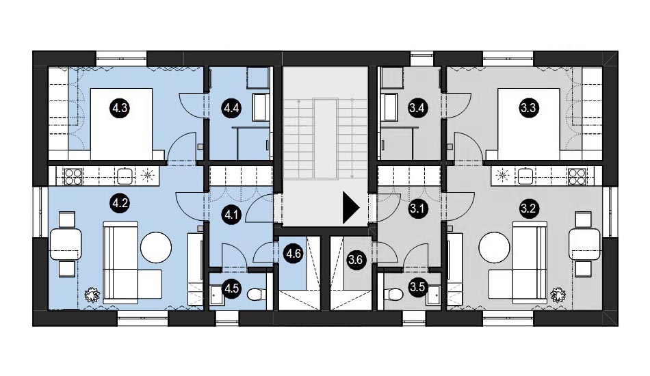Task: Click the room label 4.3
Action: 119,109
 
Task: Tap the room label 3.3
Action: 528,108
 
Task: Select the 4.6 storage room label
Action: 294,253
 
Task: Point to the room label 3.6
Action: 356,260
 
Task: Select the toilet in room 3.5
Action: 394,295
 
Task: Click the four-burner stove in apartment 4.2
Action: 73,176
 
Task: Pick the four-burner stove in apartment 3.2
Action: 577,176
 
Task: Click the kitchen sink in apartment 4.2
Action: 125,176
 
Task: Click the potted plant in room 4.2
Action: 92,295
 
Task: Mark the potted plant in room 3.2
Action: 558,295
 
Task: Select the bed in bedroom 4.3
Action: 121,124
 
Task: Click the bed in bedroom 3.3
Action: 528,124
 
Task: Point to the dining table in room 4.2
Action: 66,244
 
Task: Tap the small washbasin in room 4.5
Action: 217,295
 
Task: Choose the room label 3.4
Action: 416,109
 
